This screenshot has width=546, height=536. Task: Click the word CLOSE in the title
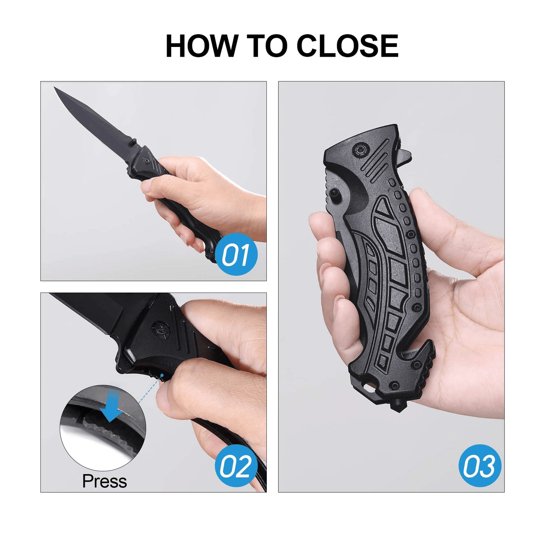(x=347, y=46)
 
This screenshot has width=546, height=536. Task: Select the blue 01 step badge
(x=236, y=254)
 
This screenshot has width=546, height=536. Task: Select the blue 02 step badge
(x=236, y=466)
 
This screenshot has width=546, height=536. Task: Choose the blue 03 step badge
(x=480, y=466)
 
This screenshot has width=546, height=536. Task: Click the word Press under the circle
(x=104, y=481)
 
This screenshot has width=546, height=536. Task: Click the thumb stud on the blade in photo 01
(x=133, y=140)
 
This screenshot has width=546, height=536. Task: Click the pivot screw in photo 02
(x=159, y=326)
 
